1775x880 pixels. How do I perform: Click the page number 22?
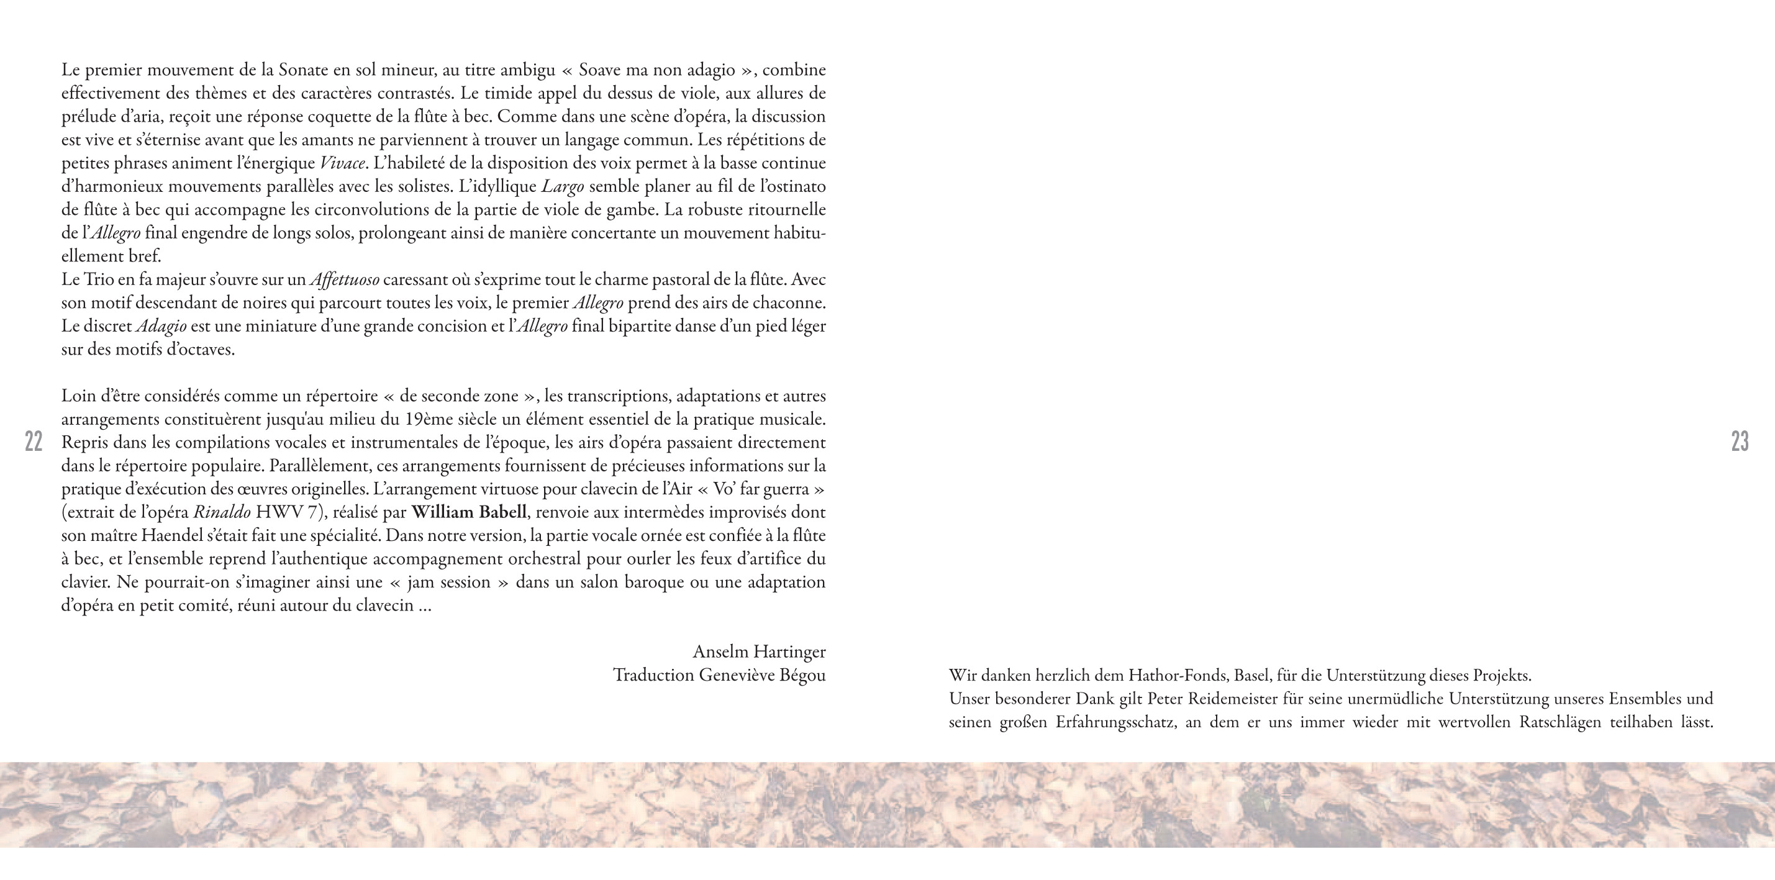34,441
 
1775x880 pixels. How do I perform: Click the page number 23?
1740,441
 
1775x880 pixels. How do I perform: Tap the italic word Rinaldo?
222,512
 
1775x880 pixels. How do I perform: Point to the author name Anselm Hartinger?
759,651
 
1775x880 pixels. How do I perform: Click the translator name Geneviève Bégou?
762,674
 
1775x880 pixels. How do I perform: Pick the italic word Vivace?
342,163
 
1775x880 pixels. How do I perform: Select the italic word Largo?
562,187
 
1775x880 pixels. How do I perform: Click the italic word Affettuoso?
345,280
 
